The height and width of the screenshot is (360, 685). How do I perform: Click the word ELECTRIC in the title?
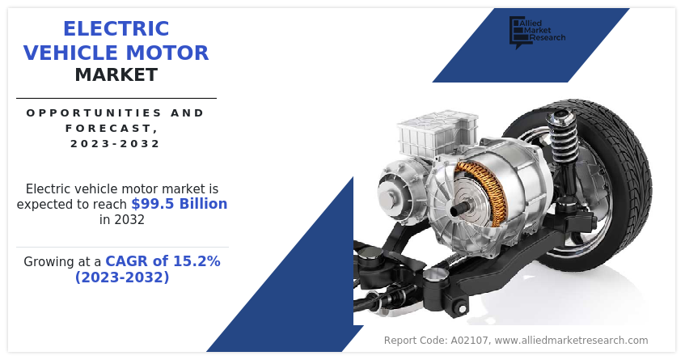(x=116, y=29)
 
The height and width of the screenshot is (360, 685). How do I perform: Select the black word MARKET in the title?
(x=116, y=75)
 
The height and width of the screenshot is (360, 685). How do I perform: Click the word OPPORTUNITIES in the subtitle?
(x=88, y=112)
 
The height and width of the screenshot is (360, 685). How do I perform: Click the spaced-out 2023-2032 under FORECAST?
(x=116, y=144)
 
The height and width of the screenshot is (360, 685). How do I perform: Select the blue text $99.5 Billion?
(x=179, y=204)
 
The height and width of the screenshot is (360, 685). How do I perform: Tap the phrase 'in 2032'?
(x=122, y=219)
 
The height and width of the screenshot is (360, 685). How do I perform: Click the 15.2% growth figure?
(x=197, y=261)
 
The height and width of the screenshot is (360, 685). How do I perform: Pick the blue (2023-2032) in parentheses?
(x=122, y=277)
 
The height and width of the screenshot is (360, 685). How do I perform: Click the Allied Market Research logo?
(x=537, y=32)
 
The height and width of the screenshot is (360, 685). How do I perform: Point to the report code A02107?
(x=469, y=341)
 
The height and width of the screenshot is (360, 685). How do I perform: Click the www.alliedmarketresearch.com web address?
(x=571, y=341)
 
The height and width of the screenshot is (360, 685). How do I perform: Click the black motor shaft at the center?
(x=458, y=210)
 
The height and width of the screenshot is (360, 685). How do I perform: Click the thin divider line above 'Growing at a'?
(x=122, y=248)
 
